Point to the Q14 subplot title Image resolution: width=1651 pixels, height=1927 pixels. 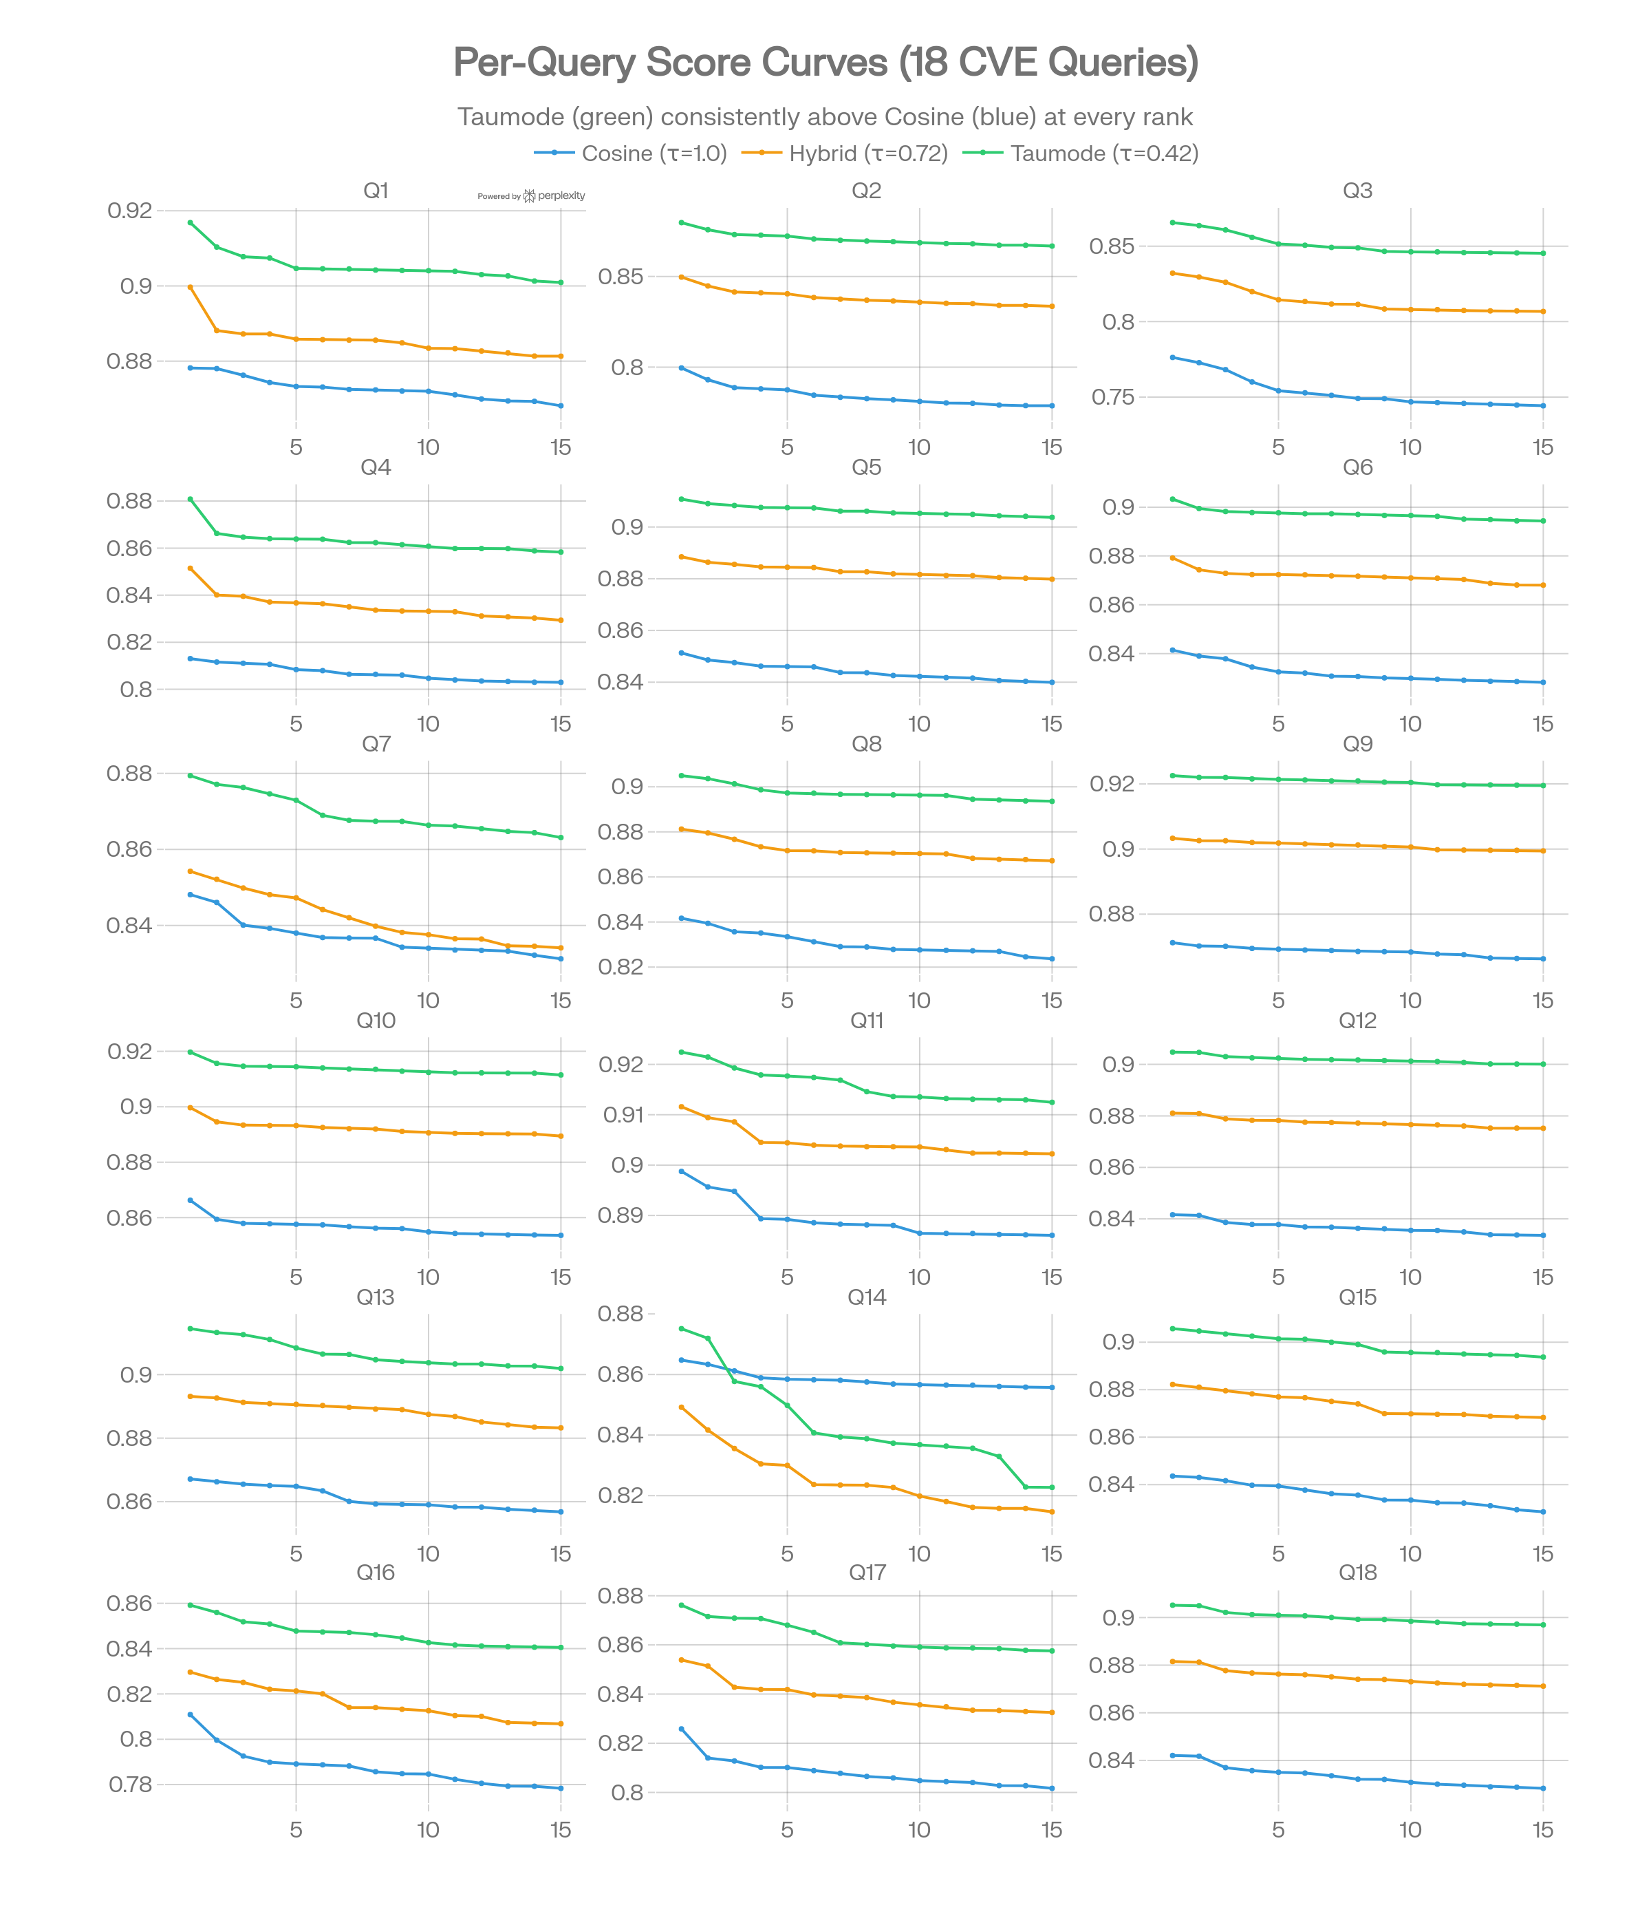[x=866, y=1297]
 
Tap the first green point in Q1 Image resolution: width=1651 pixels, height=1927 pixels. [x=190, y=222]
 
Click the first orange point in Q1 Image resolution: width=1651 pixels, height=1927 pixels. [x=190, y=288]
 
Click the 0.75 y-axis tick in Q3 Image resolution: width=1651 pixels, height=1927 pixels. [x=1112, y=397]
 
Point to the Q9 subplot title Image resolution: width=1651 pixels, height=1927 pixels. [x=1357, y=744]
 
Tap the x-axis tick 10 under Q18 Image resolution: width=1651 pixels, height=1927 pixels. [x=1410, y=1829]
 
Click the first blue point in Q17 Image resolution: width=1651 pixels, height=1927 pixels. [x=682, y=1729]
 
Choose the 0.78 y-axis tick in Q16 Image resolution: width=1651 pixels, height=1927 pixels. [x=129, y=1784]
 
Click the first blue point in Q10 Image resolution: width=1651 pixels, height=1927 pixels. [x=190, y=1200]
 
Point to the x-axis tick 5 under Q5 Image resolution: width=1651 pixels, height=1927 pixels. [x=788, y=723]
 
